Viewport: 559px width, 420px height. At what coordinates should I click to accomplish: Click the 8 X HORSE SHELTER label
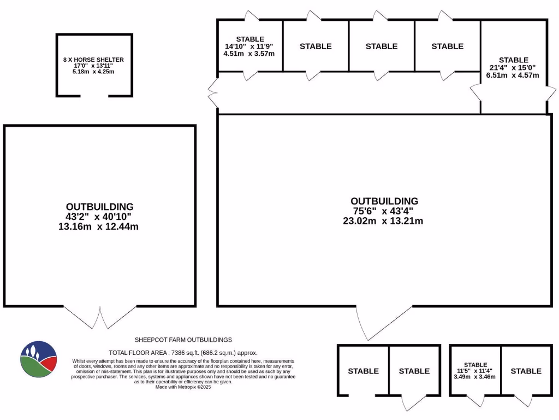pyautogui.click(x=93, y=60)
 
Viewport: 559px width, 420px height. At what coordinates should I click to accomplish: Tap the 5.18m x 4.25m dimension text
pyautogui.click(x=93, y=72)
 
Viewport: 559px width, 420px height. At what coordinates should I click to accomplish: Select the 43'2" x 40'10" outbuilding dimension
pyautogui.click(x=99, y=217)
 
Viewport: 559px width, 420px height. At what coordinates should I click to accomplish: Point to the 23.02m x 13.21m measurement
pyautogui.click(x=384, y=221)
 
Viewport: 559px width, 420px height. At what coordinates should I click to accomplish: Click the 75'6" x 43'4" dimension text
pyautogui.click(x=384, y=211)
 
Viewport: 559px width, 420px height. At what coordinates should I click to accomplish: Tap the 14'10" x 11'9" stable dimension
pyautogui.click(x=250, y=46)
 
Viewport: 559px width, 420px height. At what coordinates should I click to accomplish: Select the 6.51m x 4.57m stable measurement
pyautogui.click(x=513, y=75)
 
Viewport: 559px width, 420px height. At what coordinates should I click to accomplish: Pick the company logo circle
pyautogui.click(x=38, y=359)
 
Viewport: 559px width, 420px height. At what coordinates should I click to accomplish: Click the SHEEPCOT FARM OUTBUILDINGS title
pyautogui.click(x=183, y=340)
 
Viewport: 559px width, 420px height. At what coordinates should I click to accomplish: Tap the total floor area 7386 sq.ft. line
pyautogui.click(x=183, y=353)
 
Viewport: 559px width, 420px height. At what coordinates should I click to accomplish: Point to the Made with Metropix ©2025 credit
pyautogui.click(x=183, y=387)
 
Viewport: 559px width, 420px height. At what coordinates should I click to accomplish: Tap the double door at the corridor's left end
pyautogui.click(x=213, y=92)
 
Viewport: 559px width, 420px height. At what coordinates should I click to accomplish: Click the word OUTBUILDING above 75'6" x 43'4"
pyautogui.click(x=384, y=201)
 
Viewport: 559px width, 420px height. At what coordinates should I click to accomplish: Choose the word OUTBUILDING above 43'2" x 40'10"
pyautogui.click(x=99, y=207)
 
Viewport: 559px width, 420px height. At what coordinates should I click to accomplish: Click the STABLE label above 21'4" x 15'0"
pyautogui.click(x=513, y=60)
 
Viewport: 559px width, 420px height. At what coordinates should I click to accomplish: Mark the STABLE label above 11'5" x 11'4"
pyautogui.click(x=475, y=365)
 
